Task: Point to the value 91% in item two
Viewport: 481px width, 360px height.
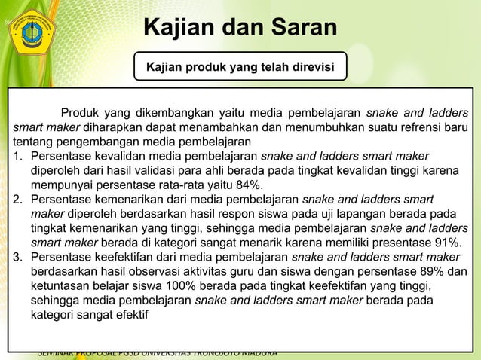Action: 446,243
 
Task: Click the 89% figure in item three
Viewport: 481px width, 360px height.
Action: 434,271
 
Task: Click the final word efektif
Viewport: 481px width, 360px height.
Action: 130,314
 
